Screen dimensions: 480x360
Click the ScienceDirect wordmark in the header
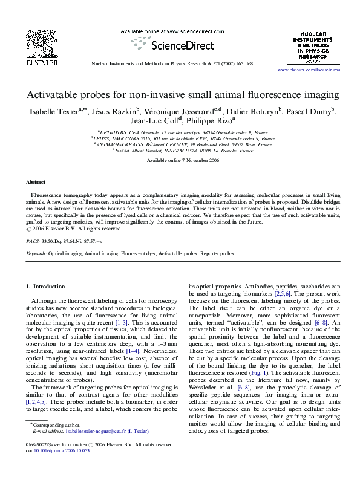pos(182,45)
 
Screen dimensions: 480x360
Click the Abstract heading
pos(36,182)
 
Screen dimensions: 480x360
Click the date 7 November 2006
pos(188,160)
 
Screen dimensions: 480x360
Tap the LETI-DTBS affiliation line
pos(179,132)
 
